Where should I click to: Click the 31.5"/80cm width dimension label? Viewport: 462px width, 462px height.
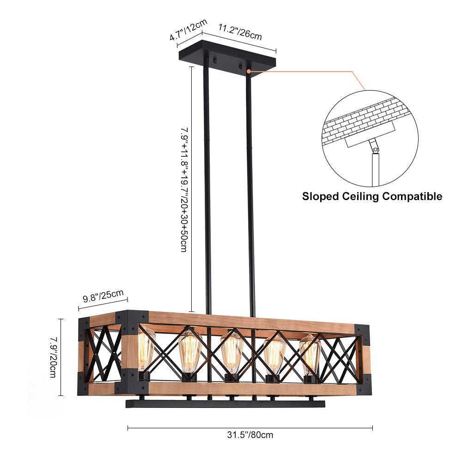(250, 435)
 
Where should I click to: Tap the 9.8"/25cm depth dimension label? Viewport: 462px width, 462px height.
(103, 296)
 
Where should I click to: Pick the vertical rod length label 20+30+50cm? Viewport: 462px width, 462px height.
(183, 189)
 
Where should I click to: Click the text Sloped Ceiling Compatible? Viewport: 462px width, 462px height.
(372, 196)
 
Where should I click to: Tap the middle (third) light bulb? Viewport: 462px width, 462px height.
(231, 353)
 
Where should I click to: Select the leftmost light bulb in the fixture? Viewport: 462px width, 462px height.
(146, 349)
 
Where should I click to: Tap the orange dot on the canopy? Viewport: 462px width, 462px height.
(249, 72)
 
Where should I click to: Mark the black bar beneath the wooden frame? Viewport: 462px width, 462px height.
(225, 404)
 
